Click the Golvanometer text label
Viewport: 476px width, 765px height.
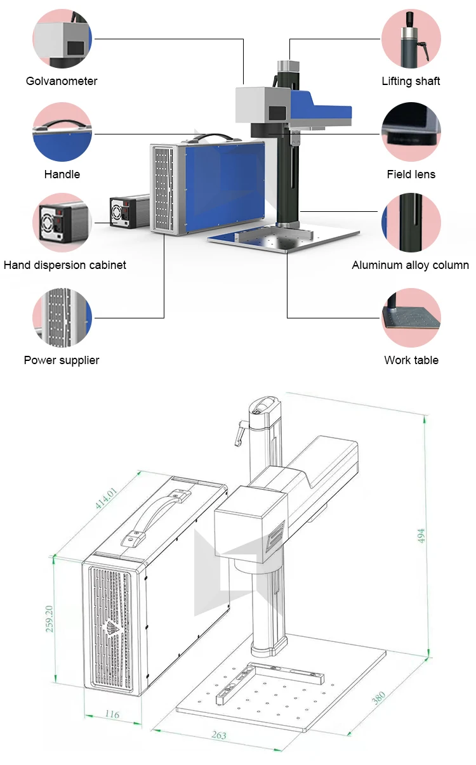click(62, 81)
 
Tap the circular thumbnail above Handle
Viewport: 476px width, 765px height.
click(62, 132)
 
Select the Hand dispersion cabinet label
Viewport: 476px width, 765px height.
click(65, 265)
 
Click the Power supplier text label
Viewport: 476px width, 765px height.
click(62, 360)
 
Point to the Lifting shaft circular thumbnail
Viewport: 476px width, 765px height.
click(411, 39)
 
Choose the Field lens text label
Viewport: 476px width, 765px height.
click(411, 174)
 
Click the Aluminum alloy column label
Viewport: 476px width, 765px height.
click(410, 265)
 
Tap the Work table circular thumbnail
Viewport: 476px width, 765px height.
click(411, 318)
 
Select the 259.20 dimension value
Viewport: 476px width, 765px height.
click(50, 618)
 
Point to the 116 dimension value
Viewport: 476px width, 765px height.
click(111, 715)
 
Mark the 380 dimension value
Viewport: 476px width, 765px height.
click(379, 698)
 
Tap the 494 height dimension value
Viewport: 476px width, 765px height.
click(421, 536)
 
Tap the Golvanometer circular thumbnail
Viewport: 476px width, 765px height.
click(62, 39)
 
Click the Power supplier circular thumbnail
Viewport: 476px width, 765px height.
click(62, 318)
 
